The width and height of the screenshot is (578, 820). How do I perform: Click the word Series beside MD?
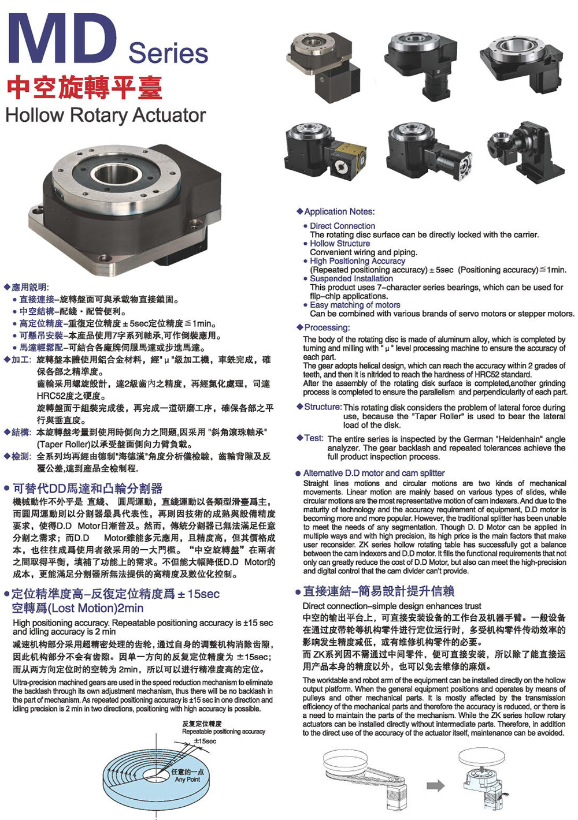point(168,53)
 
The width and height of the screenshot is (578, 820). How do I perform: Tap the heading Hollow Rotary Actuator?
point(106,115)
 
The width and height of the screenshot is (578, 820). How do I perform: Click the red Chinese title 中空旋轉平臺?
point(84,87)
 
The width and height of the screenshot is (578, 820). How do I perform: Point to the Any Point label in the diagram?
point(187,779)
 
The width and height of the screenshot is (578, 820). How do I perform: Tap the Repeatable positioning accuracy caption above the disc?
point(224,731)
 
